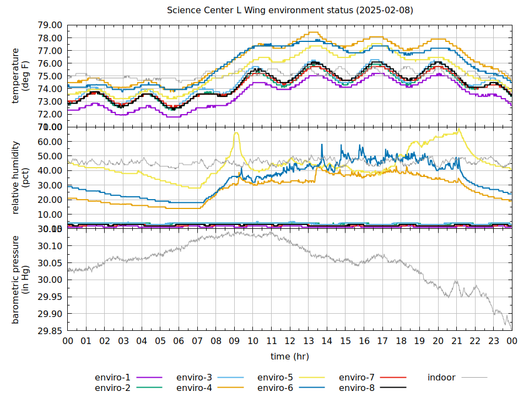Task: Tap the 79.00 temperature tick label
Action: pos(50,25)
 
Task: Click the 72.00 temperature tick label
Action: pos(50,115)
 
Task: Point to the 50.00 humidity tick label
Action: pos(50,156)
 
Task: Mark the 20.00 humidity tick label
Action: pos(50,200)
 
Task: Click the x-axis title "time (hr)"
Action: pos(290,357)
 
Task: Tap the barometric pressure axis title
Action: pos(20,280)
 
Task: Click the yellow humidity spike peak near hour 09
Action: pos(236,133)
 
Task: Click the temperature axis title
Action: pos(20,76)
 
